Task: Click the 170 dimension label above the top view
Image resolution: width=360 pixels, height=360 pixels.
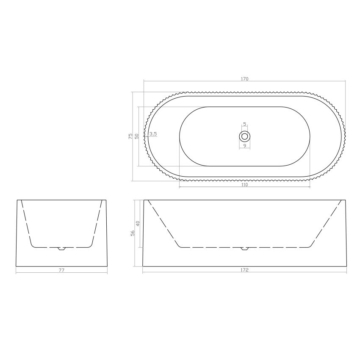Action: coord(244,79)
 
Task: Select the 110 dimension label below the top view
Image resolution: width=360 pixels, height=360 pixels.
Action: coord(244,185)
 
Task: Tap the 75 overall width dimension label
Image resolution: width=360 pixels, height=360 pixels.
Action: coord(130,136)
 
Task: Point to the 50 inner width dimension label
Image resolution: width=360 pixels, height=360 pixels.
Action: coord(136,136)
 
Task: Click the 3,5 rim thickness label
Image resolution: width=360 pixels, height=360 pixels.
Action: coord(153,134)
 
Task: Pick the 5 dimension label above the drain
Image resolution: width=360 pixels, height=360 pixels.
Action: coord(244,125)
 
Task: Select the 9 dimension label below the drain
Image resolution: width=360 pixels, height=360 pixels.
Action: coord(244,146)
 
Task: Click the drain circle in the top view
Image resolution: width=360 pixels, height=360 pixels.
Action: coord(244,136)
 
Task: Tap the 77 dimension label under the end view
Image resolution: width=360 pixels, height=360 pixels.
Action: coord(61,270)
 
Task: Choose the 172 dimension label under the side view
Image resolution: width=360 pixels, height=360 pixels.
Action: coord(244,270)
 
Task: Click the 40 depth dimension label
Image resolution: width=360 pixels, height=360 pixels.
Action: coord(138,223)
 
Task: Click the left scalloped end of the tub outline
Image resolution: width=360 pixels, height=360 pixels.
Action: coord(146,136)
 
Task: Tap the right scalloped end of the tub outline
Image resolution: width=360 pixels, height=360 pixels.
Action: coord(343,136)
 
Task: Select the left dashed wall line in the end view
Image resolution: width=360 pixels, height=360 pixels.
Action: coord(25,222)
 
